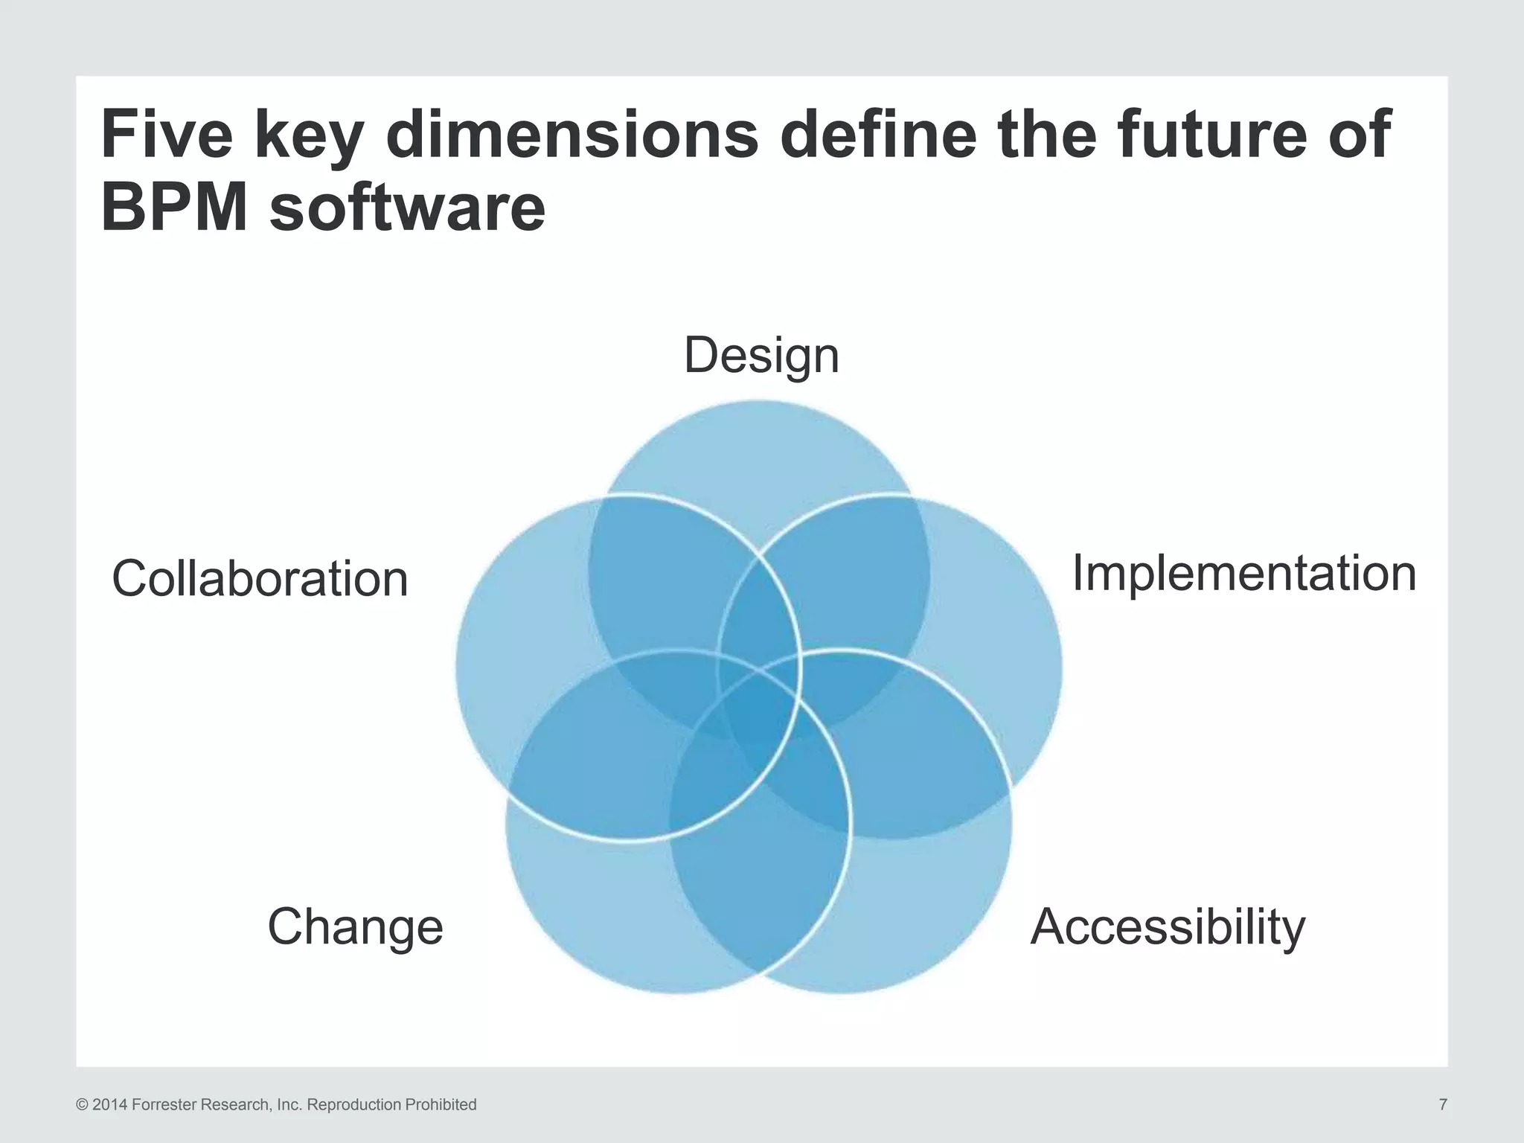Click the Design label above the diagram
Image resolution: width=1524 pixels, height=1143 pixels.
761,356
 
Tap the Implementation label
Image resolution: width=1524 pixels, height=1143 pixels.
1243,574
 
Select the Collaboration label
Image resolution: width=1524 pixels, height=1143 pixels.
260,579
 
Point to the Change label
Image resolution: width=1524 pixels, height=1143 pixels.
355,927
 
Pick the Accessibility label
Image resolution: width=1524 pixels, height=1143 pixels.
1168,927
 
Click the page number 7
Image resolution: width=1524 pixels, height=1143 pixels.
1443,1104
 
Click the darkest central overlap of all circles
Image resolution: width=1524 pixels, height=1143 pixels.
759,714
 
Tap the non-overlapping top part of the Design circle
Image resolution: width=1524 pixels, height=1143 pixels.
759,446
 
